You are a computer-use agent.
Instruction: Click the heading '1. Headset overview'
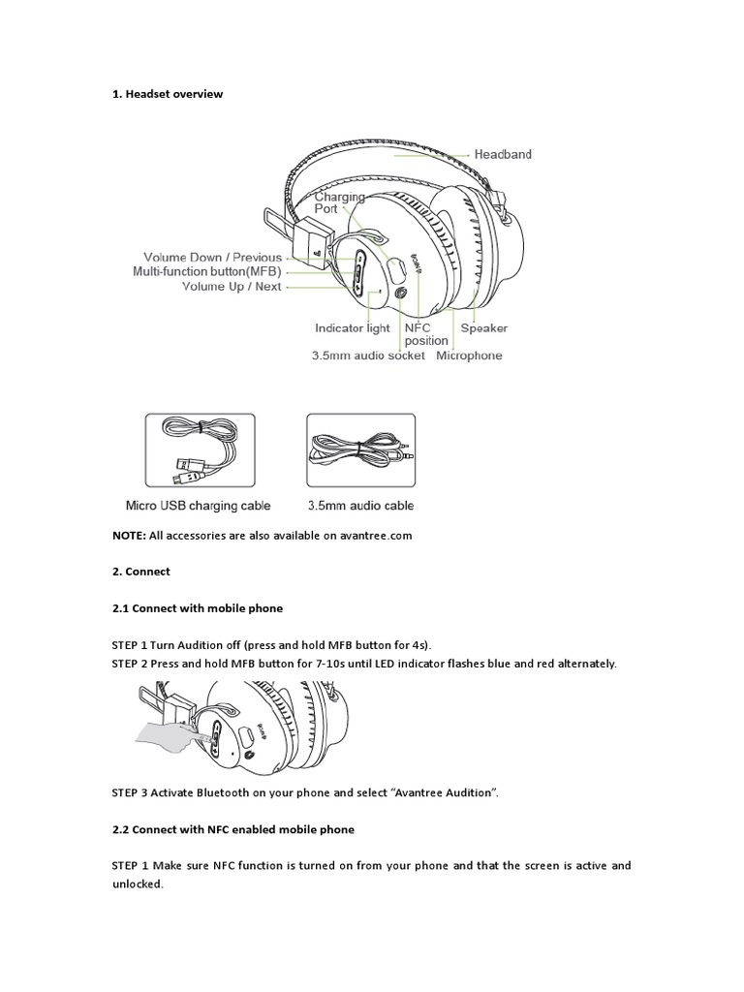168,94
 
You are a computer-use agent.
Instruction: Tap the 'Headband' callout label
502,154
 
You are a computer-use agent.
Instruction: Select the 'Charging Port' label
339,201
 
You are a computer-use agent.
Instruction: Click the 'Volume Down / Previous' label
212,258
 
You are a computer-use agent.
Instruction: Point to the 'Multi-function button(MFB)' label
207,272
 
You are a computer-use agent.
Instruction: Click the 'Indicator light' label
352,328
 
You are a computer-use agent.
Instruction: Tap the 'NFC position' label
426,334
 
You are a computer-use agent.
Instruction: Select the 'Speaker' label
483,328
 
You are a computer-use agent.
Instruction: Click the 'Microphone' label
469,356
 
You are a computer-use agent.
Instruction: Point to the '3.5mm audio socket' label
369,356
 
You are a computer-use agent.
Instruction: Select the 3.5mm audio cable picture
360,450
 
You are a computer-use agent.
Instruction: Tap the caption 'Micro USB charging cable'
199,505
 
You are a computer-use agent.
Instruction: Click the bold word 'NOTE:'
130,536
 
